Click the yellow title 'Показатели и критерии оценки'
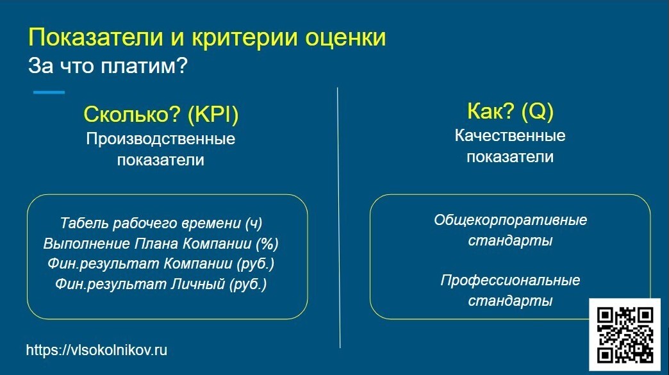pos(207,37)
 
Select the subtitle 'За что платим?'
pos(107,66)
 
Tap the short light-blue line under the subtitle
pos(49,92)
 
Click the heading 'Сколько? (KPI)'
pos(161,115)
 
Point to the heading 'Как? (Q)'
pos(510,112)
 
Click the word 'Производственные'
pos(161,138)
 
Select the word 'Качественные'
pos(510,135)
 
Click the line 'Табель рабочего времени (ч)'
pos(161,223)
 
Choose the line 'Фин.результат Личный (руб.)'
pos(161,284)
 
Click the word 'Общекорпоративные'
pos(510,221)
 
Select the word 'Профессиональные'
pos(510,280)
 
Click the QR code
pos(625,335)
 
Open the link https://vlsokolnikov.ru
pos(97,351)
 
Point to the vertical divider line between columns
pos(338,218)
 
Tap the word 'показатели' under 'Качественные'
pos(510,156)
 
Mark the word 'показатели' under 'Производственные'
pos(161,160)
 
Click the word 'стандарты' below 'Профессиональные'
pos(510,301)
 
